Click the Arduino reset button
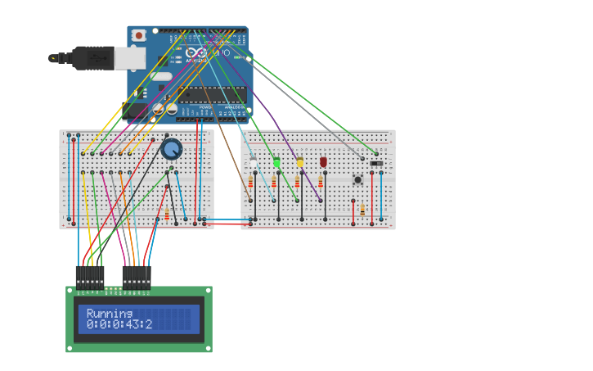point(139,35)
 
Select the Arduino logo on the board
point(195,53)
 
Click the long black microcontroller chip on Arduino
point(212,93)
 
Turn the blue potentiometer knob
point(172,149)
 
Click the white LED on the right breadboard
point(254,164)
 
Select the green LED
point(276,163)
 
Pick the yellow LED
point(300,163)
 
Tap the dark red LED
point(323,163)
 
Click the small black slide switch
point(376,164)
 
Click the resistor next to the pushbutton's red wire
point(362,210)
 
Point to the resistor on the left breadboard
point(167,214)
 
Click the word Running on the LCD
point(110,314)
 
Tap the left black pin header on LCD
point(90,277)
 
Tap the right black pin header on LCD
point(137,277)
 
